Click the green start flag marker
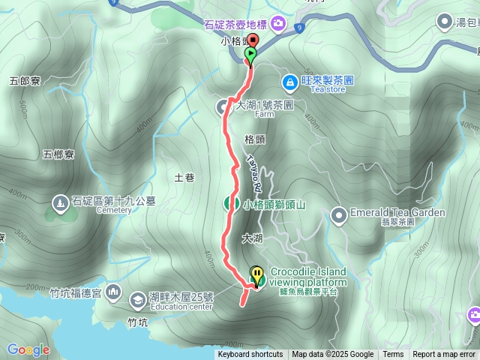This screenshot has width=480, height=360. click(250, 54)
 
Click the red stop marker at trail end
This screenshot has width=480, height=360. click(253, 41)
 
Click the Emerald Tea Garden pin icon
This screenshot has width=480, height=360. click(339, 214)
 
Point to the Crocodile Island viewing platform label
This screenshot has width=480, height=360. click(307, 277)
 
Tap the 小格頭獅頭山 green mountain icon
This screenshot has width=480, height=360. click(231, 203)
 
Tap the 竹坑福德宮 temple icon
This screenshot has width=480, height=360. click(113, 291)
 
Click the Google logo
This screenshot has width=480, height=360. click(28, 349)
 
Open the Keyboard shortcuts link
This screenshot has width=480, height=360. click(250, 355)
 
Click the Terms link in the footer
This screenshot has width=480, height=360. click(393, 355)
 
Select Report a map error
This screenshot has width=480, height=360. click(444, 355)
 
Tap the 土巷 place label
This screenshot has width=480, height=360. click(184, 178)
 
